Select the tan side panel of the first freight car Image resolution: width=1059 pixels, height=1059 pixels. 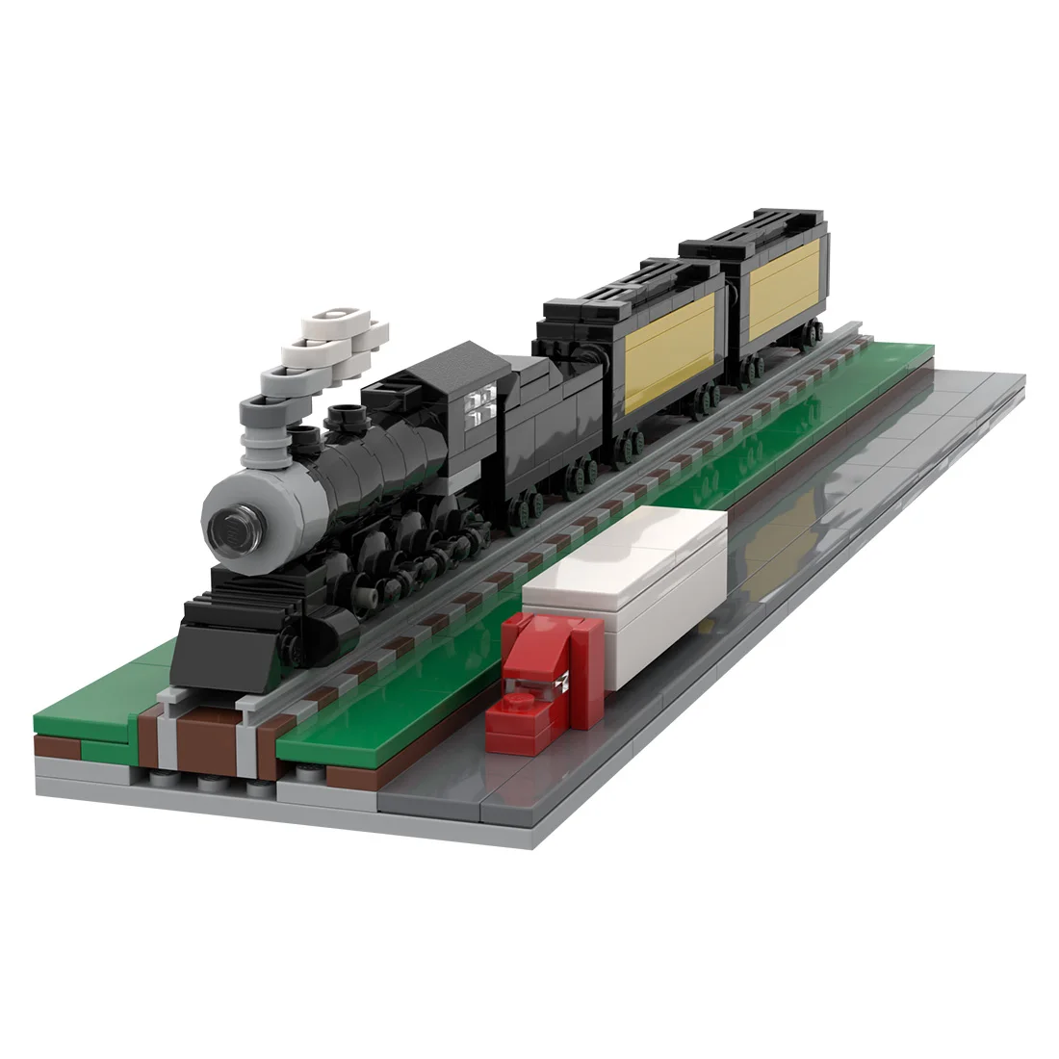(671, 349)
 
